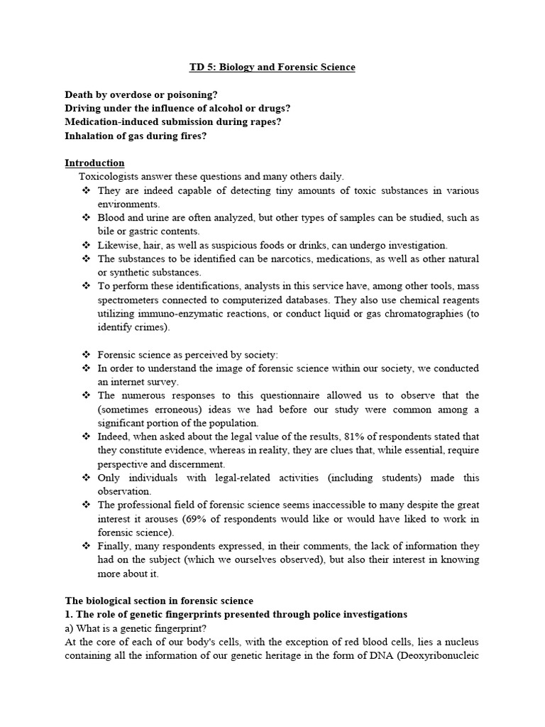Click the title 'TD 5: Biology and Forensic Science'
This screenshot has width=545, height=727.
[x=272, y=67]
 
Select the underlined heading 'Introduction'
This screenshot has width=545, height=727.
[x=94, y=163]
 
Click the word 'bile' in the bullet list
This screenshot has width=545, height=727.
[x=106, y=231]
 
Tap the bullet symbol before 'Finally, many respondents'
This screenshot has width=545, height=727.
[x=87, y=546]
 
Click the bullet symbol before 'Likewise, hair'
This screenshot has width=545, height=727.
[x=87, y=245]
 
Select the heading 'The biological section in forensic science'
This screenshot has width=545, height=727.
[x=159, y=601]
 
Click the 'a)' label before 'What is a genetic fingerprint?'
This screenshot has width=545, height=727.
[x=70, y=628]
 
